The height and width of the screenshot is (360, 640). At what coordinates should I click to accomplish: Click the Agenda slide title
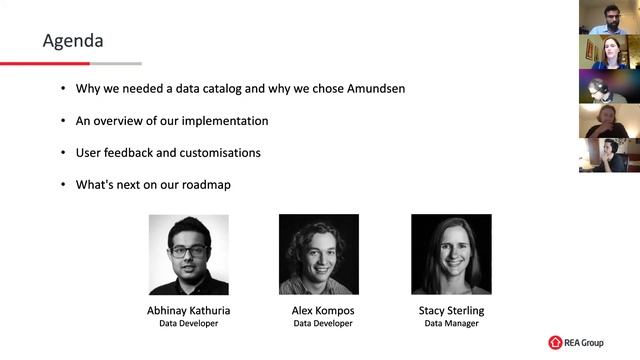[73, 41]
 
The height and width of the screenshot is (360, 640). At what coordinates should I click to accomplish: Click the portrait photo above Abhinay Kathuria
[188, 254]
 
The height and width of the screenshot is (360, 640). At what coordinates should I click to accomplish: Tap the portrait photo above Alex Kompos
[318, 254]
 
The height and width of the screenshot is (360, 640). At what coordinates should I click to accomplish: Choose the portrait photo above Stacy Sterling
[451, 254]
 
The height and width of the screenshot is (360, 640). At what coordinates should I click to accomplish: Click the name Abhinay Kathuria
[189, 311]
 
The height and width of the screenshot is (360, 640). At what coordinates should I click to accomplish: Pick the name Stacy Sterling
[451, 311]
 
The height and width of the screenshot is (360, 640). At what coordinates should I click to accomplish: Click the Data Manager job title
[451, 324]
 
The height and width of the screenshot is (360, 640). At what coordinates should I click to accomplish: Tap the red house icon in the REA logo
[555, 343]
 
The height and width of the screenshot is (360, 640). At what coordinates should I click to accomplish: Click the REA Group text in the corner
[583, 343]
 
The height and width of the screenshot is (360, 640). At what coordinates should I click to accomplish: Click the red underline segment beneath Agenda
[45, 63]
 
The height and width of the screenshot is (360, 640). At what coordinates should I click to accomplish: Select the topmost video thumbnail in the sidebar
[609, 18]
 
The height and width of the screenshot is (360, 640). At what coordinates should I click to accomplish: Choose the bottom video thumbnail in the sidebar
[609, 155]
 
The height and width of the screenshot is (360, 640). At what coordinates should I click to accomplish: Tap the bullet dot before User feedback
[63, 153]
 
